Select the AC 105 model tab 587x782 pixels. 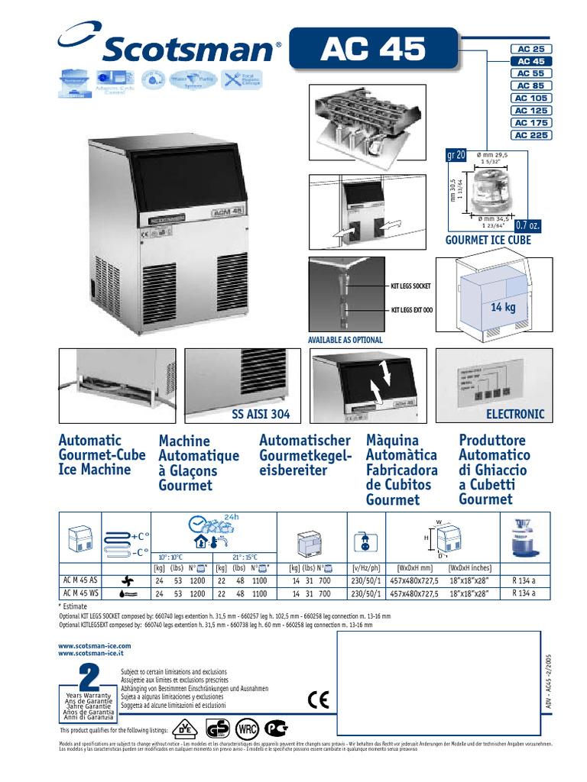coord(530,99)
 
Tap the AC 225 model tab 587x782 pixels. coord(530,135)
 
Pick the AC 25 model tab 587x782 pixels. coord(530,49)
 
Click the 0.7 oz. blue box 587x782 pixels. coord(527,226)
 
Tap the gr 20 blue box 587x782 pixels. coord(456,156)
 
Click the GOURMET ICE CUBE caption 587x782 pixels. coord(488,240)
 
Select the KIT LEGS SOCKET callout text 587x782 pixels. coord(410,286)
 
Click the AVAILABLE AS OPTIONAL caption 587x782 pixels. coord(345,339)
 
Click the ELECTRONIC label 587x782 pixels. coord(515,415)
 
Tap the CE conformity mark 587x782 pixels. coord(317,700)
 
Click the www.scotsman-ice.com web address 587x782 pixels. coord(95,646)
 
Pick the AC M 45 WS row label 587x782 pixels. coord(81,593)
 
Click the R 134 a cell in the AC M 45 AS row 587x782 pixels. coord(524,580)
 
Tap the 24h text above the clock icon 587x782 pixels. coord(232,515)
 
